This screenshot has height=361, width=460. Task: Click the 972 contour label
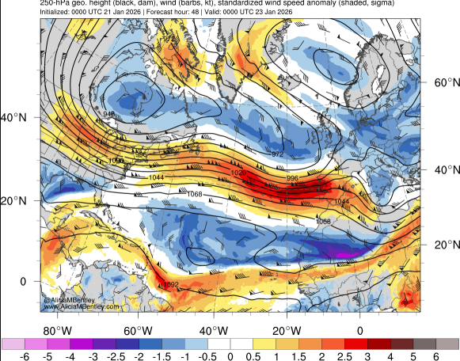pyautogui.click(x=278, y=154)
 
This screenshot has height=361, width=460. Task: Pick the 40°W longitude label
pyautogui.click(x=209, y=330)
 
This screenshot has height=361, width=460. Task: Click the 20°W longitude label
pyautogui.click(x=285, y=330)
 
